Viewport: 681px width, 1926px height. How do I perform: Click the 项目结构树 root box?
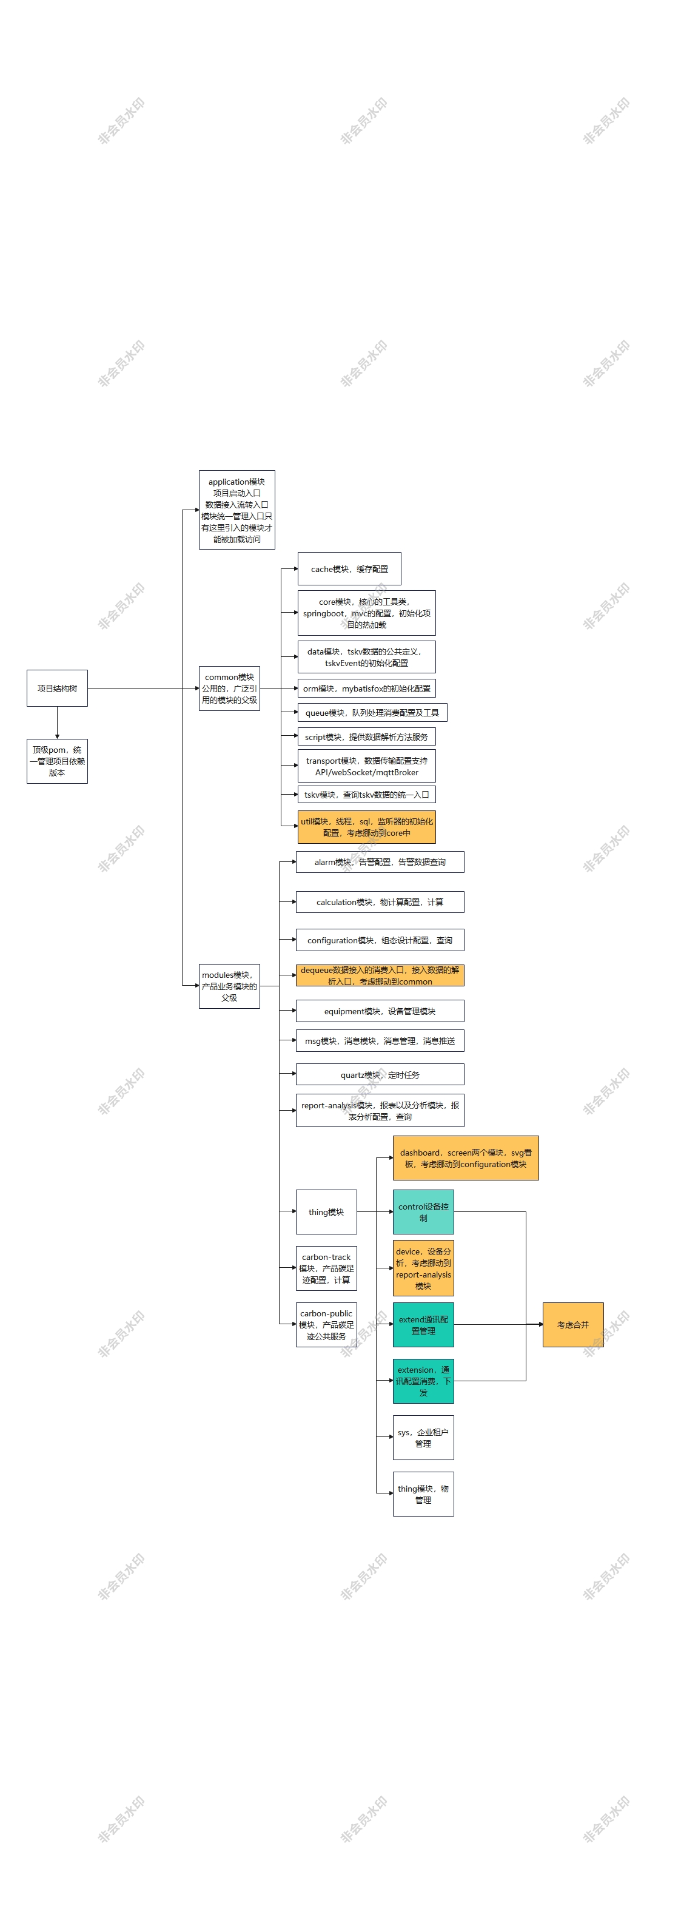click(57, 688)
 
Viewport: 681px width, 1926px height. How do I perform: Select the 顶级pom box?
click(57, 761)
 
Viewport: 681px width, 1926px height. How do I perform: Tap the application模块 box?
click(237, 510)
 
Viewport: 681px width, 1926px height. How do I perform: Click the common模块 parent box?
click(229, 688)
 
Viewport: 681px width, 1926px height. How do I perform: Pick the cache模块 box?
click(349, 569)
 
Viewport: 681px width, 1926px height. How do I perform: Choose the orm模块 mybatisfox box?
click(366, 688)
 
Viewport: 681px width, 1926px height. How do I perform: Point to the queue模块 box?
click(372, 713)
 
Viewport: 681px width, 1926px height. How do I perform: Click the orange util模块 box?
click(366, 827)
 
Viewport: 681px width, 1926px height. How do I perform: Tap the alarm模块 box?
click(380, 862)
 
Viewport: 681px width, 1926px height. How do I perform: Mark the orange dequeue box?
click(380, 975)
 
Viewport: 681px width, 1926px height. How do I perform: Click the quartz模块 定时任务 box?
click(380, 1074)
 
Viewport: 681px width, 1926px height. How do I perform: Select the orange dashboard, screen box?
click(466, 1158)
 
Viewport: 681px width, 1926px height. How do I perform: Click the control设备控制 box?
click(423, 1212)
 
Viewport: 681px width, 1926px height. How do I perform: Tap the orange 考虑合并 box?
click(572, 1324)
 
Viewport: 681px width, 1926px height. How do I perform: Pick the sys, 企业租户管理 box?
click(423, 1437)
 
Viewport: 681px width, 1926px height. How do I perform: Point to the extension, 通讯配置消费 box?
click(423, 1381)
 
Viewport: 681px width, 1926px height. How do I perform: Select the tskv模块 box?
click(366, 794)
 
